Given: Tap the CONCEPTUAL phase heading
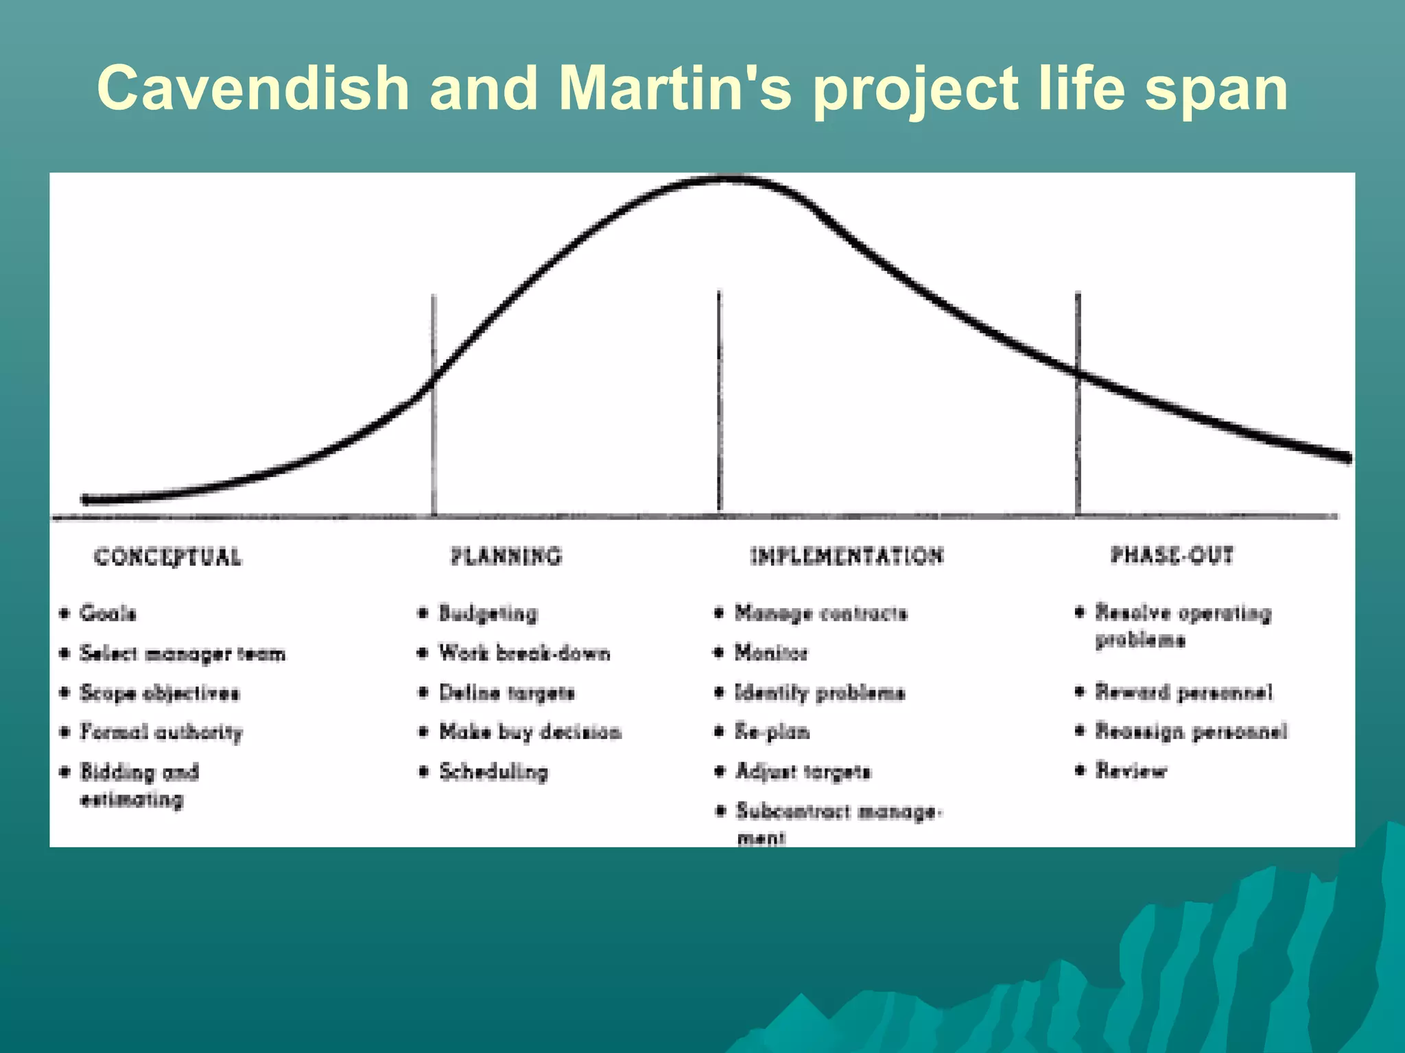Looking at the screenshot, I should tap(168, 557).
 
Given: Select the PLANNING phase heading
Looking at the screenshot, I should tap(506, 556).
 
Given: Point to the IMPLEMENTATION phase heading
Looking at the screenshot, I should tap(847, 556).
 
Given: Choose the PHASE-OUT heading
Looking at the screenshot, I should tap(1172, 555).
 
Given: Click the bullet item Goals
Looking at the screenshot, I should tap(108, 613).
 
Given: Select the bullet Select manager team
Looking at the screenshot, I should tap(182, 653).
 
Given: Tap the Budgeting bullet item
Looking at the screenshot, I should tap(488, 613).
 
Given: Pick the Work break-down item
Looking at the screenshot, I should tap(524, 653).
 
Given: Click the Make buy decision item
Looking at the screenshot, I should tap(530, 732).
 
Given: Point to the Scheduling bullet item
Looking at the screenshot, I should tap(493, 772).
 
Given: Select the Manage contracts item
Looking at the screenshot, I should tap(820, 613).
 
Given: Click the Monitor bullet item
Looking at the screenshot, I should tap(771, 653).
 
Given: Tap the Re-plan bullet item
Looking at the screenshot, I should tap(772, 732).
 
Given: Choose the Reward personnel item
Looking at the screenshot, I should tap(1183, 692).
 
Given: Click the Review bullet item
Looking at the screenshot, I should tap(1131, 771).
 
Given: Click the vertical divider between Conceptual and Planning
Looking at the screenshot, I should tap(434, 411).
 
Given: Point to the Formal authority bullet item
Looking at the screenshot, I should tap(161, 732).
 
